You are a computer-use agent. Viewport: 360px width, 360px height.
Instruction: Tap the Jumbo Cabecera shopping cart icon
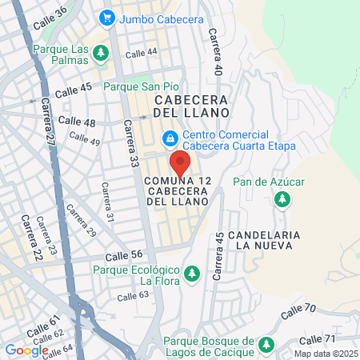click(106, 17)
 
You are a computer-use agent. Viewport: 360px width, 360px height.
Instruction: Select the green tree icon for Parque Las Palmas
click(100, 54)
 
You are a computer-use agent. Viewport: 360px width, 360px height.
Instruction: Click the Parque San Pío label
click(134, 86)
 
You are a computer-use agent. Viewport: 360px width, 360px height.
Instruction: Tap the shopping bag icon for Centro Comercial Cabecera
click(170, 140)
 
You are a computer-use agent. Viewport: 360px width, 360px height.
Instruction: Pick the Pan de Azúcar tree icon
click(281, 198)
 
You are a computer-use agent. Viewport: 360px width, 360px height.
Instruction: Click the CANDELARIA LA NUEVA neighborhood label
click(263, 240)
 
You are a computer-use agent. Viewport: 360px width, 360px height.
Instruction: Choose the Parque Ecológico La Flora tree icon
click(191, 274)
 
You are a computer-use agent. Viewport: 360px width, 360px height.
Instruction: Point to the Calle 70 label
click(299, 308)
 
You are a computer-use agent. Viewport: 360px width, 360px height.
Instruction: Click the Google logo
click(26, 350)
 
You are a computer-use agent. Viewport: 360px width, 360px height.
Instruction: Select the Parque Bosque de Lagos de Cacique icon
click(265, 346)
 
